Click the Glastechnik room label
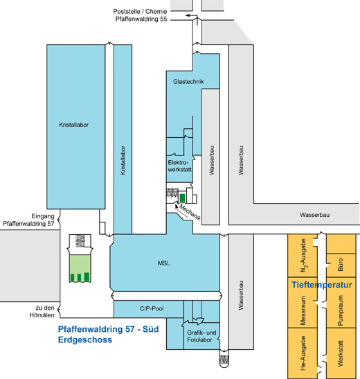point(188,82)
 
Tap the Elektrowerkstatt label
point(179,166)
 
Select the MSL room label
point(164,263)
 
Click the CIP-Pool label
point(152,308)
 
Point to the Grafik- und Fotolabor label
point(201,336)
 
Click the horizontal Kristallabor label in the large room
point(74,125)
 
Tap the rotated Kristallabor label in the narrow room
point(123,160)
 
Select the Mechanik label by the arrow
point(190,213)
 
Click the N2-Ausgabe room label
point(303,256)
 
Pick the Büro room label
point(341,265)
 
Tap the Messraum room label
point(303,310)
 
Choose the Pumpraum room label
point(341,310)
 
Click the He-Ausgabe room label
point(303,353)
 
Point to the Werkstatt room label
point(341,353)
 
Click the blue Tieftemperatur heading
point(322,285)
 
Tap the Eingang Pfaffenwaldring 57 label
point(28,220)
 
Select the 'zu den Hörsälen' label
point(42,312)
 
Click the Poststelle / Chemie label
point(140,11)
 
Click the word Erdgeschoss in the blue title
point(85,340)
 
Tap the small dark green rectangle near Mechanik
point(182,197)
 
